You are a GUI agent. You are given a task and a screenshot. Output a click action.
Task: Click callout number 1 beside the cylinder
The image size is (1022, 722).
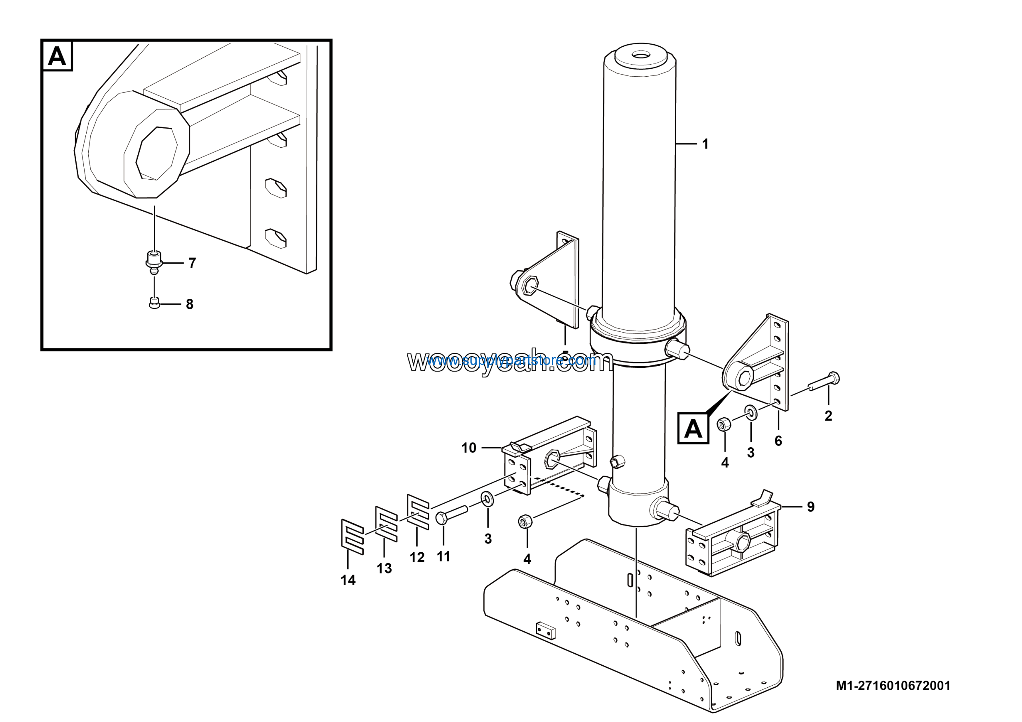[705, 144]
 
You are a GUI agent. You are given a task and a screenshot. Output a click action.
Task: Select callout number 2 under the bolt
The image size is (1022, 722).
[828, 416]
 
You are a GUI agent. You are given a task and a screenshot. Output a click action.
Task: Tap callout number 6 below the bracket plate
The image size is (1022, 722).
[778, 441]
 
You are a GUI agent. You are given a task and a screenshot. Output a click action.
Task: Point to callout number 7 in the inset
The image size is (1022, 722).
[192, 263]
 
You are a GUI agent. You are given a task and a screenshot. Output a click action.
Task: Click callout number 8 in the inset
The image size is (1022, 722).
[190, 304]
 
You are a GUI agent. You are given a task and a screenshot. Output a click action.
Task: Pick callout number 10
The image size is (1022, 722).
[469, 447]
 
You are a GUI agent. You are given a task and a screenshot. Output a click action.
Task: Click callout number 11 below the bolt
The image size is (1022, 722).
[444, 556]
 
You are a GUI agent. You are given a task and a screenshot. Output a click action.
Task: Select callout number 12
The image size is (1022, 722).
[417, 557]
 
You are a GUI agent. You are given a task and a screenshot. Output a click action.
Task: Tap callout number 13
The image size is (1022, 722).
[384, 568]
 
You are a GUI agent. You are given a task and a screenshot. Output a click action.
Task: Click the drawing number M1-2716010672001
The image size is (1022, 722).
[893, 686]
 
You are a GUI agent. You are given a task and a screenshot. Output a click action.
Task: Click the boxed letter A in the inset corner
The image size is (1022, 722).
[57, 56]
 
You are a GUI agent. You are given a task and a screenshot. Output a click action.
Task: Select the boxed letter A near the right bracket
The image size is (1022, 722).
[693, 428]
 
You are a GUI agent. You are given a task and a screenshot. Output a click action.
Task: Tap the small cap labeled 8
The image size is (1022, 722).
[154, 303]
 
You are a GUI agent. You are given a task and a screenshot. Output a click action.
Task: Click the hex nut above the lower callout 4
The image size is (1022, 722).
[525, 521]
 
